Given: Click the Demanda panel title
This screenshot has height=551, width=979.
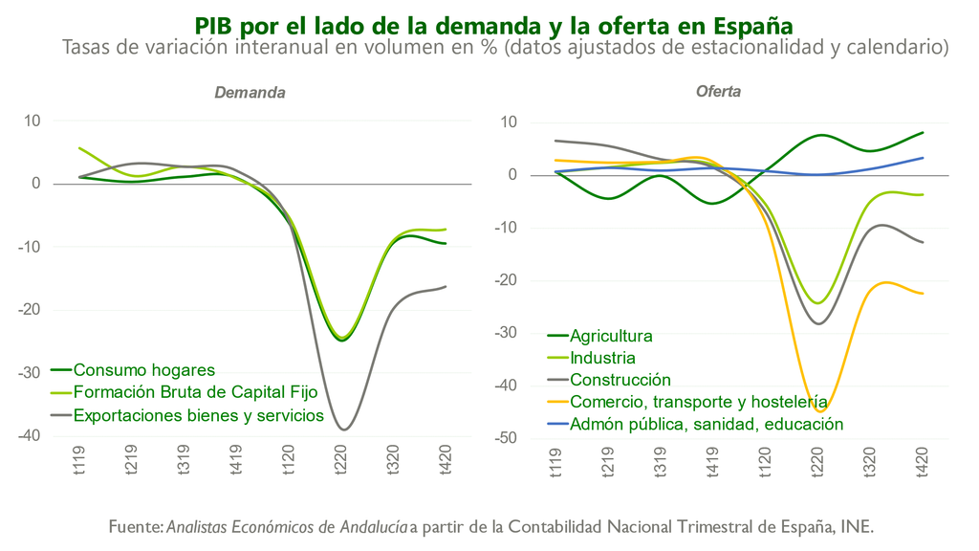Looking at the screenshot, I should tap(250, 93).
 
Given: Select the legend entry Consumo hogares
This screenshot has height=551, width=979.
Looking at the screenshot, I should tap(144, 370).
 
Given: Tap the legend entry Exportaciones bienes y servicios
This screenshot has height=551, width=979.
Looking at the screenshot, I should tap(199, 416).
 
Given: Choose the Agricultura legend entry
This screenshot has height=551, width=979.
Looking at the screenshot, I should tap(611, 336).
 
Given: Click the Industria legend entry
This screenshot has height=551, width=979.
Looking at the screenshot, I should tap(602, 358).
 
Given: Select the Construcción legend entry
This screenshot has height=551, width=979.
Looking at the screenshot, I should tap(620, 380).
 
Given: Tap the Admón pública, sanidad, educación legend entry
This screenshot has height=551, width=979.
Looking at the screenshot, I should tap(707, 424).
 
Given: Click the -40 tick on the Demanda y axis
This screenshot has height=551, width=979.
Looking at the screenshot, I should tap(32, 436).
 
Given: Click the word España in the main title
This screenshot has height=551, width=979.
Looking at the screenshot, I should tap(742, 24).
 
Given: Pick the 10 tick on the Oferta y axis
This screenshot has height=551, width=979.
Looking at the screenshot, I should tap(508, 122).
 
